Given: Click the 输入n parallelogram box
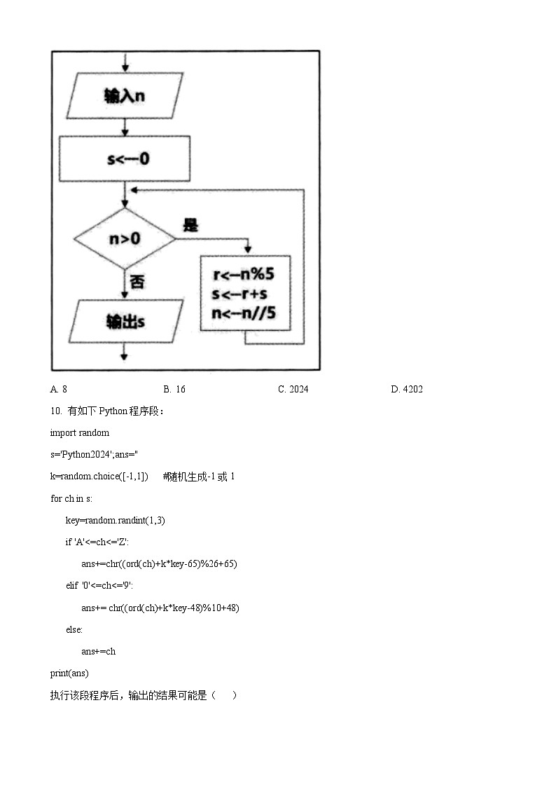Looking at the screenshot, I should point(125,95).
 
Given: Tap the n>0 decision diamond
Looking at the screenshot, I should point(125,238).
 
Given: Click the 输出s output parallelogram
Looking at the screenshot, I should point(125,322).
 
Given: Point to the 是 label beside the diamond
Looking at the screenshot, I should point(190,225).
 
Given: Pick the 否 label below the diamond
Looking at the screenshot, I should point(137,282).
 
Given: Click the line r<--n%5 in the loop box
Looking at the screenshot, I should point(244,275).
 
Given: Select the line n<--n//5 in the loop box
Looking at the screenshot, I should point(244,314).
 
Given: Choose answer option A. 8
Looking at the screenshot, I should point(59,389).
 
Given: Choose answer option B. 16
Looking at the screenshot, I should point(174,389).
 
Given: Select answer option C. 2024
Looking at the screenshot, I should point(293,389).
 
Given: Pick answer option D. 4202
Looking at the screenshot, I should point(406,389).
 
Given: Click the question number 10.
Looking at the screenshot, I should point(56,411).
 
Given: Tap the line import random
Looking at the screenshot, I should point(79,432).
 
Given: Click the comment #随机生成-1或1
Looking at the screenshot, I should point(199,477).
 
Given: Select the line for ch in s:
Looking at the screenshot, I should point(71,498).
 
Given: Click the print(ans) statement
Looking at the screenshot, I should point(69,673).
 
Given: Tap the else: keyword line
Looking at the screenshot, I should point(74,629).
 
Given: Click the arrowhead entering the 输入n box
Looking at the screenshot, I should point(125,68).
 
